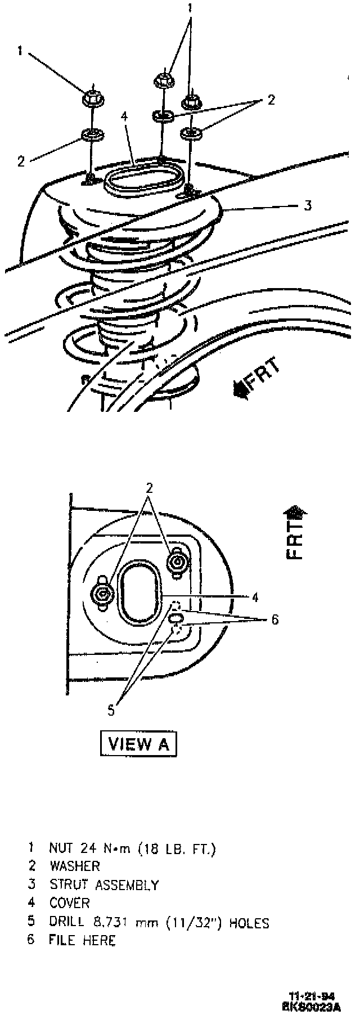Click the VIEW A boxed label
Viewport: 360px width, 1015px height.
[x=138, y=744]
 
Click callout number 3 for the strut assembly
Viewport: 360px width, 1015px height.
[x=307, y=205]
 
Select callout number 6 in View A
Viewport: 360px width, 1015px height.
[x=274, y=620]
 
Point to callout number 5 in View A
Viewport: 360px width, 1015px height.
[x=111, y=711]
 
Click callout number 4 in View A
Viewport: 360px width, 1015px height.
[x=255, y=598]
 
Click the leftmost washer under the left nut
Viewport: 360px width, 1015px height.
[x=91, y=135]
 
